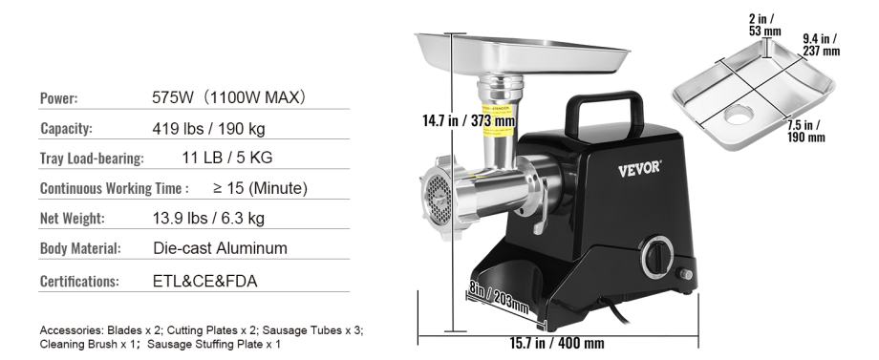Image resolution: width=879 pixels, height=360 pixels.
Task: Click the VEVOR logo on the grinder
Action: [x=639, y=169]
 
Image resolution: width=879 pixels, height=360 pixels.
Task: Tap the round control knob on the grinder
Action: [x=657, y=257]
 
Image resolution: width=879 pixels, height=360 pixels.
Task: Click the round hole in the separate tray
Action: [x=739, y=115]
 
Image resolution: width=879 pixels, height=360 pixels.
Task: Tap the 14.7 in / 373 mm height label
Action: [x=469, y=120]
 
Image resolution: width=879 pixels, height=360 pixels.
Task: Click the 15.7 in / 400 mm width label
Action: [x=558, y=343]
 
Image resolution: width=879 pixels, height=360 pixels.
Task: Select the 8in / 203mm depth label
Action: [x=499, y=298]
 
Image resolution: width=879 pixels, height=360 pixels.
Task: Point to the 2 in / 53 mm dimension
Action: [x=764, y=25]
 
